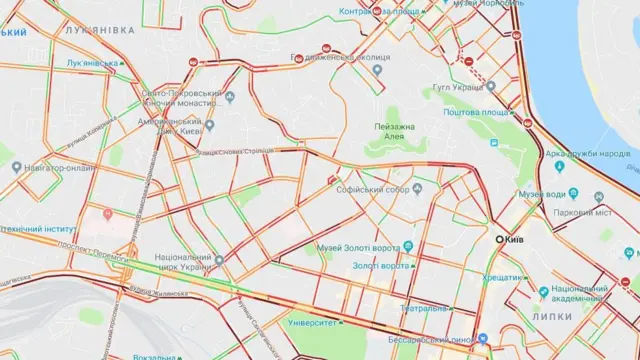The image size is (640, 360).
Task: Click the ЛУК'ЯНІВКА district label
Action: (x=98, y=31)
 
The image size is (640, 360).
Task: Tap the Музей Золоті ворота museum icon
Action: (x=408, y=246)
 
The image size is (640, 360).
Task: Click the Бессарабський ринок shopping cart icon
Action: (x=483, y=340)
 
